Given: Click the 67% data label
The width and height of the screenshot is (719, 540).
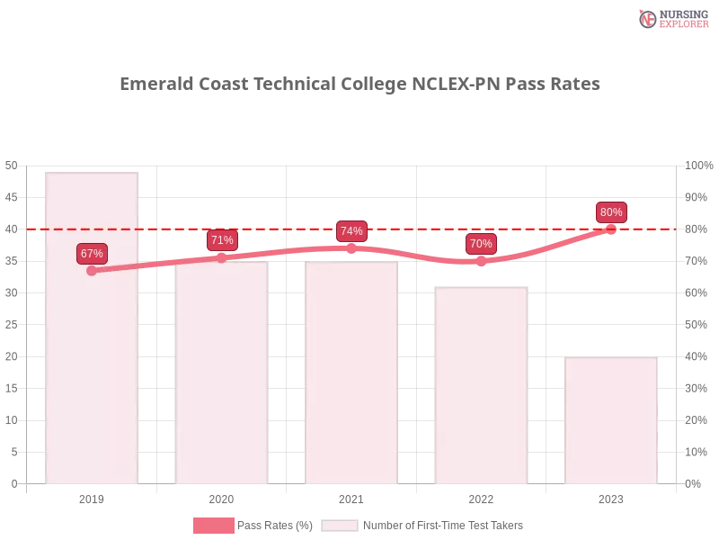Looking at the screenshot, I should pos(92,254).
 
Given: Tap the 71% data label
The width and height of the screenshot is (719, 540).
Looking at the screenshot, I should pos(222,240).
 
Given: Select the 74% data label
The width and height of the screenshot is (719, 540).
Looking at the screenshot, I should pos(351,231).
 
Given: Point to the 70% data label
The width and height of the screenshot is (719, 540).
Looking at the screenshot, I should pos(481,244).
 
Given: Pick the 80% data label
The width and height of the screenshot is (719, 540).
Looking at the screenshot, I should pos(611,212).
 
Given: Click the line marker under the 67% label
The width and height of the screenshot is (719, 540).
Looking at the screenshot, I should pos(92,271).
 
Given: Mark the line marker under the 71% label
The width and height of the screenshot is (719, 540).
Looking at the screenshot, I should pos(222,257).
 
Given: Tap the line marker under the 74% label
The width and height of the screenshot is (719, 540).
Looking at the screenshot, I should pos(351,247).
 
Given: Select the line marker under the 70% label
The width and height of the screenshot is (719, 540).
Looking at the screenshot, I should pos(481,261).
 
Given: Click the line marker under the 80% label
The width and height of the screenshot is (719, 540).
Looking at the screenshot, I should pos(611,229).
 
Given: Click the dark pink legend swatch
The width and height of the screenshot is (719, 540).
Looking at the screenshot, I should pos(213,526).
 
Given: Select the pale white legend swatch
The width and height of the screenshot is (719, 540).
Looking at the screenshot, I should pos(340,526).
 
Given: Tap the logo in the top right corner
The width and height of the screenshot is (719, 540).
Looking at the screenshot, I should pos(671,19).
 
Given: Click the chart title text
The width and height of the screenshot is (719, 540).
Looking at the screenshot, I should pos(359,85).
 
